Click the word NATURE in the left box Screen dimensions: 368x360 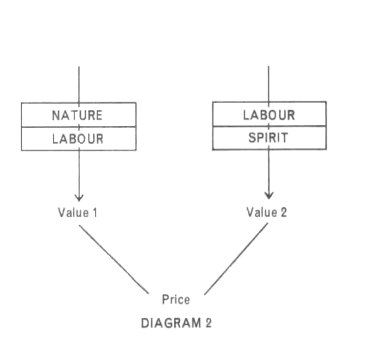pyautogui.click(x=77, y=115)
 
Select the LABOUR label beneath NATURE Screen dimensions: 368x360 pyautogui.click(x=78, y=139)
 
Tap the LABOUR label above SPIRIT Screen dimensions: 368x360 pyautogui.click(x=269, y=115)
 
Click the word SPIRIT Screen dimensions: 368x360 pyautogui.click(x=268, y=138)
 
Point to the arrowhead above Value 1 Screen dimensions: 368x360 pyautogui.click(x=79, y=197)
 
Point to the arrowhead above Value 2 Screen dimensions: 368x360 pyautogui.click(x=269, y=195)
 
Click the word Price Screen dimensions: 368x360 pyautogui.click(x=176, y=299)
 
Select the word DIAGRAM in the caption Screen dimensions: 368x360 pyautogui.click(x=171, y=323)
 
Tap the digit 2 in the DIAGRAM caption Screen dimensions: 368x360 pyautogui.click(x=208, y=323)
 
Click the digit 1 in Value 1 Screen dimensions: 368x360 pyautogui.click(x=95, y=212)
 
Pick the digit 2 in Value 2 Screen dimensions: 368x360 pyautogui.click(x=283, y=212)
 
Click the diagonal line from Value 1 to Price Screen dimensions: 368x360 pyautogui.click(x=114, y=259)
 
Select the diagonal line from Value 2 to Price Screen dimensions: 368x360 pyautogui.click(x=236, y=259)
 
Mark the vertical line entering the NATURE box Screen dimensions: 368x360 pyautogui.click(x=79, y=84)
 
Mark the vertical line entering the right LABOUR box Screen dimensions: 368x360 pyautogui.click(x=269, y=84)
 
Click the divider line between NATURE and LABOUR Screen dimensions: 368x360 pyautogui.click(x=79, y=127)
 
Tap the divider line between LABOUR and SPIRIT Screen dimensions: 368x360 pyautogui.click(x=269, y=126)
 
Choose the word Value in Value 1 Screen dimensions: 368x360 pyautogui.click(x=73, y=212)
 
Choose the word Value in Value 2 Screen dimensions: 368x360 pyautogui.click(x=262, y=212)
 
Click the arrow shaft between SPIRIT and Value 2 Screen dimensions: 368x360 pyautogui.click(x=269, y=171)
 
